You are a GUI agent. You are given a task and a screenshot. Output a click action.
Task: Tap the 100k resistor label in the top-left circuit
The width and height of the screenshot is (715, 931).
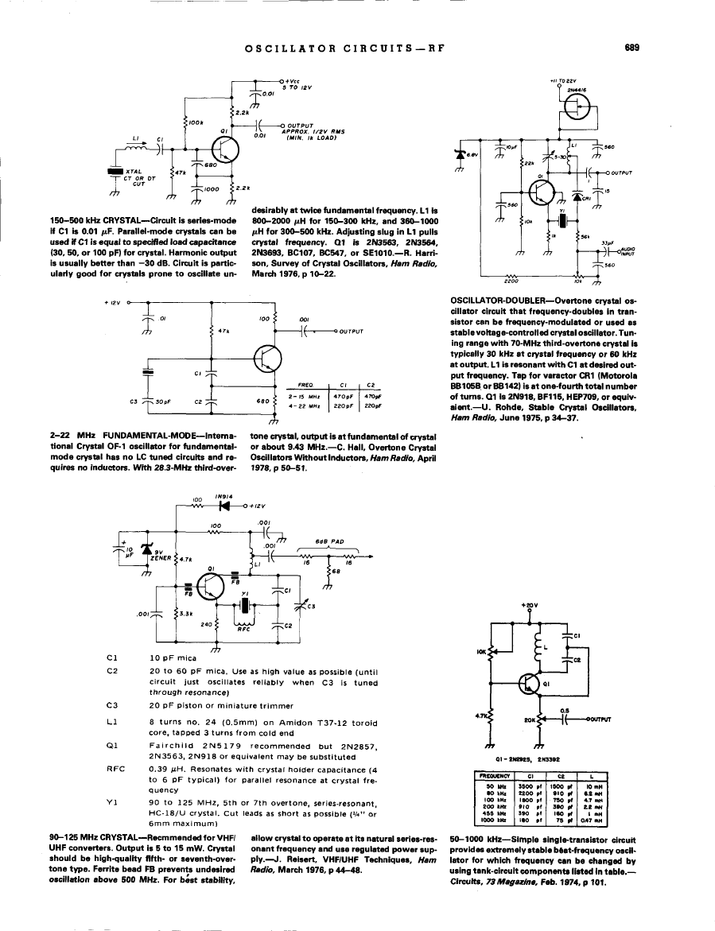click(x=196, y=122)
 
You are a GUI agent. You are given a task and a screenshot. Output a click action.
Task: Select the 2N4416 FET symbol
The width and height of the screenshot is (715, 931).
click(x=576, y=111)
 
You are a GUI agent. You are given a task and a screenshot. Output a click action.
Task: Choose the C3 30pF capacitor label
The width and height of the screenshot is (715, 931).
click(x=132, y=401)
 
